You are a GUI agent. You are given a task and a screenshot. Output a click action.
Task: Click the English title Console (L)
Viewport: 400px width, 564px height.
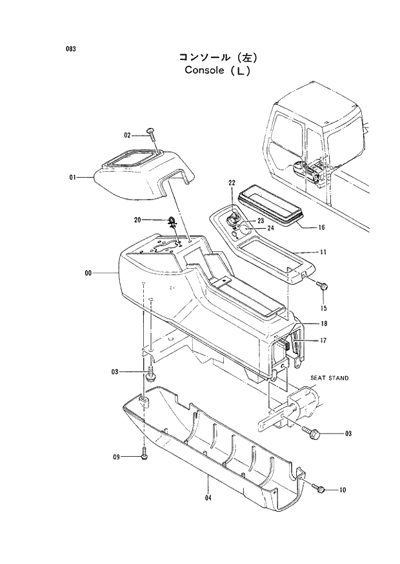pos(217,70)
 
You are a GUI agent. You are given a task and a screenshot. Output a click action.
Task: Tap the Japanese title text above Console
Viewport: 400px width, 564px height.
pos(218,57)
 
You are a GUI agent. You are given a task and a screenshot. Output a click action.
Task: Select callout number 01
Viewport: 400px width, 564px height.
pos(73,176)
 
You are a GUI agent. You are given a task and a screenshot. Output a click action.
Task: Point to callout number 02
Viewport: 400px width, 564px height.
pos(128,135)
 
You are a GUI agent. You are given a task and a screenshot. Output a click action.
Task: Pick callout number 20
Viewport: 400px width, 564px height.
pos(137,220)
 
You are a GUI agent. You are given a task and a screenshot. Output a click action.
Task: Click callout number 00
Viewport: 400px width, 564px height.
pos(88,273)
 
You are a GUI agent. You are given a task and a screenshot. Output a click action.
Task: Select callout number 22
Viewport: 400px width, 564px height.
pos(232,183)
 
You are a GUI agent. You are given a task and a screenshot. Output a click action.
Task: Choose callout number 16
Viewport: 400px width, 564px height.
pos(321,227)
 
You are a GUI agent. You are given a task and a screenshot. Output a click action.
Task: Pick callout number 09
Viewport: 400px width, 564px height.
pos(117,457)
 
